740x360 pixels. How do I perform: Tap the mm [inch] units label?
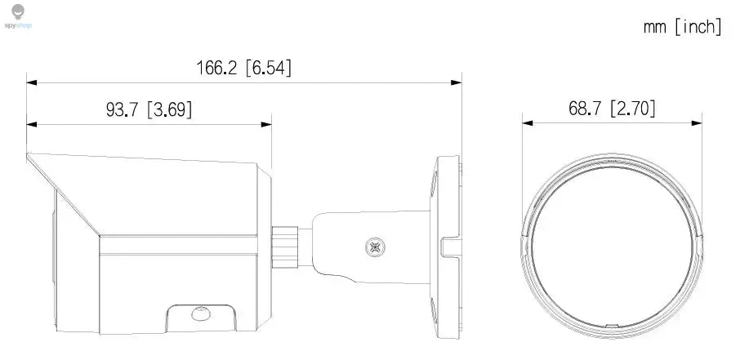(x=682, y=27)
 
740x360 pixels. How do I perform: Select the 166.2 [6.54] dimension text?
(x=243, y=68)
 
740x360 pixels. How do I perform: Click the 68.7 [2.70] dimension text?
(x=612, y=108)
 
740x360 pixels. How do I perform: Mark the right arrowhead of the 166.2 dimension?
(x=457, y=82)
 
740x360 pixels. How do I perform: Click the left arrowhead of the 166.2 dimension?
(x=31, y=82)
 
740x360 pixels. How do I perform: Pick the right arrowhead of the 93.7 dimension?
(x=267, y=125)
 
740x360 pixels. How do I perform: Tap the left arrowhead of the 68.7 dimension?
(x=528, y=122)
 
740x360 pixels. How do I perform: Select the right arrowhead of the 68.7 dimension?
(x=698, y=122)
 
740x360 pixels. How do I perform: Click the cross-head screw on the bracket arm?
(x=377, y=244)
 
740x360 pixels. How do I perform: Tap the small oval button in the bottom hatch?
(x=198, y=313)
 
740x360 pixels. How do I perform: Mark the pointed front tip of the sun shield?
(x=29, y=155)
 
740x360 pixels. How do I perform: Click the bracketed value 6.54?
(x=268, y=68)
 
